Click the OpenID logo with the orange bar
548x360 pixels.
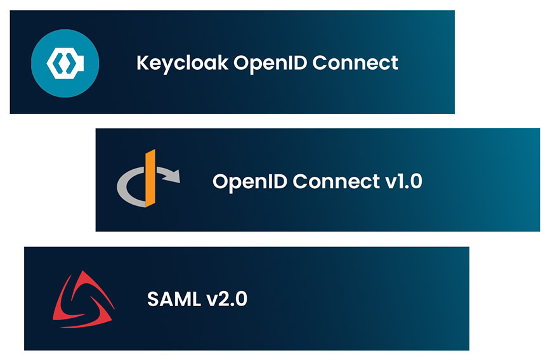click(148, 179)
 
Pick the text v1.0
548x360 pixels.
click(403, 181)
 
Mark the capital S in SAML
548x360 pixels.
click(153, 299)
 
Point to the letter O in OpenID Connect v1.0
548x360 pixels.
click(220, 181)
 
